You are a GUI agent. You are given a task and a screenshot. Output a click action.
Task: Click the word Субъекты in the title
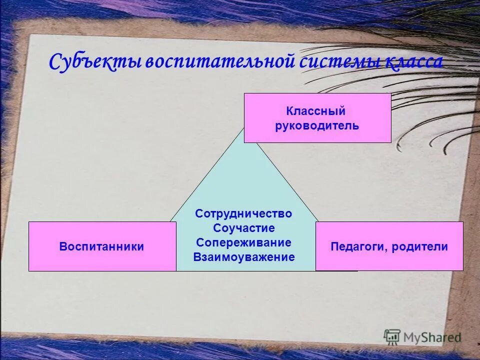click(x=95, y=62)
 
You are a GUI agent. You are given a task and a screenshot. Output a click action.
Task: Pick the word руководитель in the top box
click(x=317, y=125)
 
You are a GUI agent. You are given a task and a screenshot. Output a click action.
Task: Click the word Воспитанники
click(x=102, y=246)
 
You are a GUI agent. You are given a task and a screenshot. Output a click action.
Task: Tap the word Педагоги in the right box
click(x=358, y=246)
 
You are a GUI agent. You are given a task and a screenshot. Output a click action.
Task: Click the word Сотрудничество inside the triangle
click(x=243, y=213)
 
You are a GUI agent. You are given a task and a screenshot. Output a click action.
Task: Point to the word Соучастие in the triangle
click(x=243, y=228)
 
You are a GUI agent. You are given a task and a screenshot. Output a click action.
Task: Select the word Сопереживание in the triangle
click(x=243, y=242)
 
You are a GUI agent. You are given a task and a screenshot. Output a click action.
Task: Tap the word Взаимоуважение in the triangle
click(x=243, y=257)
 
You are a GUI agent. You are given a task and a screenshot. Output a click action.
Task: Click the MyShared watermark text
click(x=432, y=338)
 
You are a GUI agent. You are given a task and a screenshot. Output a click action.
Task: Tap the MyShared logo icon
click(x=392, y=337)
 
